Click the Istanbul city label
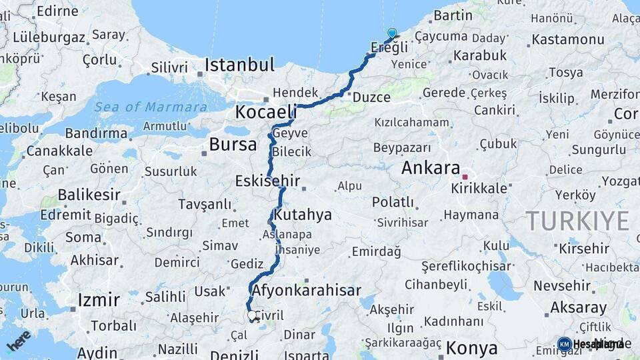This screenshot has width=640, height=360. pyautogui.click(x=239, y=65)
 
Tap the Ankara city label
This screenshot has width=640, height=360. pyautogui.click(x=431, y=168)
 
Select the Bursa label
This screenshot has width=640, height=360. pyautogui.click(x=233, y=144)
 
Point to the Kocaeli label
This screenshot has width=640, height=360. pyautogui.click(x=265, y=111)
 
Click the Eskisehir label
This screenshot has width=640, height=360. pyautogui.click(x=267, y=181)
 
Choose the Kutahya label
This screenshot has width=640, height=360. pyautogui.click(x=303, y=215)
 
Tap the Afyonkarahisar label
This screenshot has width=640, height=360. pyautogui.click(x=307, y=290)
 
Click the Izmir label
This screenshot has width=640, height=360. pyautogui.click(x=99, y=299)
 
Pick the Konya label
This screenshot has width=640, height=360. pyautogui.click(x=471, y=347)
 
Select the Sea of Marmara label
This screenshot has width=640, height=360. pyautogui.click(x=150, y=107)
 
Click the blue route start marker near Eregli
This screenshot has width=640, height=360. pyautogui.click(x=392, y=33)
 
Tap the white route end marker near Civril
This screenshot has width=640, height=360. pyautogui.click(x=252, y=315)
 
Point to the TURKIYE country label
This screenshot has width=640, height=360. pyautogui.click(x=577, y=220)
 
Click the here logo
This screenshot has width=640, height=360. pyautogui.click(x=18, y=340)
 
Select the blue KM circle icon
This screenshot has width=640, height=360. pyautogui.click(x=564, y=344)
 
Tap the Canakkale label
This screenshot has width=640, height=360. pyautogui.click(x=60, y=150)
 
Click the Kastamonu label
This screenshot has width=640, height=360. pyautogui.click(x=567, y=39)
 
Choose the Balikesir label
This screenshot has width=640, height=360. pyautogui.click(x=89, y=195)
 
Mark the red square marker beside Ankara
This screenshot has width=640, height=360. pyautogui.click(x=465, y=177)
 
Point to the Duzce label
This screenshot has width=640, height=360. pyautogui.click(x=371, y=97)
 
